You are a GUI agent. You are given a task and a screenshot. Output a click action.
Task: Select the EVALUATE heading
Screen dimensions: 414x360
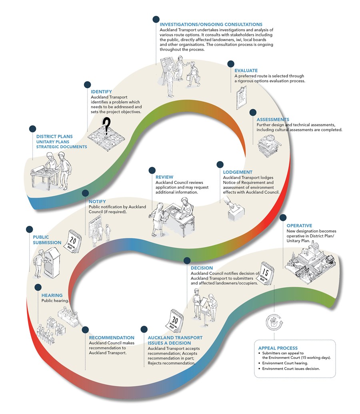click(246, 71)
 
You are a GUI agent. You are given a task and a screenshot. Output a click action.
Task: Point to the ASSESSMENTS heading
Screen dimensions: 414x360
click(273, 119)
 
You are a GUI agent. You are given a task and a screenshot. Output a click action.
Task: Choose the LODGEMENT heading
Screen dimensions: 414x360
click(238, 172)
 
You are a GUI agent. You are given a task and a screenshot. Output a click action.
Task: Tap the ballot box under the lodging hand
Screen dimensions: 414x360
click(236, 214)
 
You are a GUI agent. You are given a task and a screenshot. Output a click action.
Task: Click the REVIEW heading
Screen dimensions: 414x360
click(164, 177)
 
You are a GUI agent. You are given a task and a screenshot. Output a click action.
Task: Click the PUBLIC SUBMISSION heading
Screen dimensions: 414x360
click(47, 239)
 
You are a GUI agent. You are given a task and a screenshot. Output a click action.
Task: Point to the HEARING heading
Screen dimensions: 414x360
click(52, 295)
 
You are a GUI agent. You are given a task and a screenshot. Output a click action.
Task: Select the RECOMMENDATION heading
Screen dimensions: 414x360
click(112, 338)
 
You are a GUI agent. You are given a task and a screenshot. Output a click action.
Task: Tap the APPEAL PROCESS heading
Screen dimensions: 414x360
click(278, 348)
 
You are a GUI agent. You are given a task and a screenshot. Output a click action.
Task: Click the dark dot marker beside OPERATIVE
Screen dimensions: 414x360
click(283, 217)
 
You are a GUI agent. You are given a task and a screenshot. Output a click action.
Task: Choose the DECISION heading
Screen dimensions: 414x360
click(202, 268)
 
